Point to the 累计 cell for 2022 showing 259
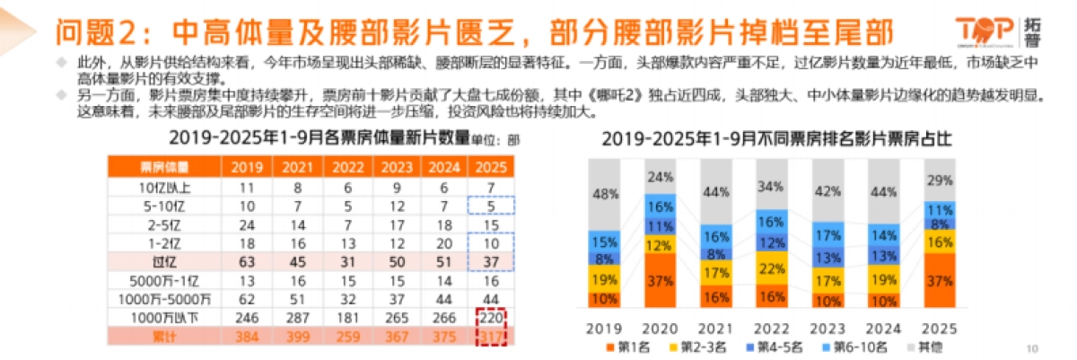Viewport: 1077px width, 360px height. click(343, 336)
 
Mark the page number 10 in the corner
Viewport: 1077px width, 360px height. click(1031, 348)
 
